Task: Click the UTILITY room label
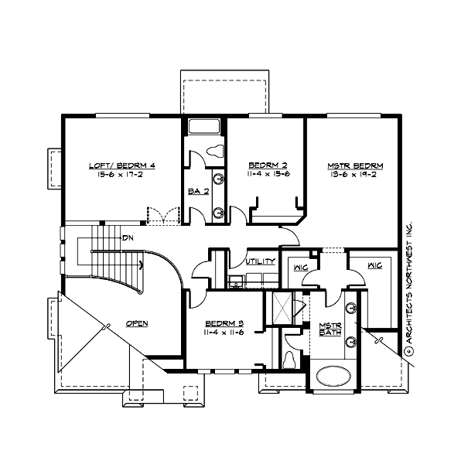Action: click(x=260, y=262)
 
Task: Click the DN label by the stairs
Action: click(x=127, y=237)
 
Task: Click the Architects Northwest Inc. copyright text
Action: click(x=411, y=289)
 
